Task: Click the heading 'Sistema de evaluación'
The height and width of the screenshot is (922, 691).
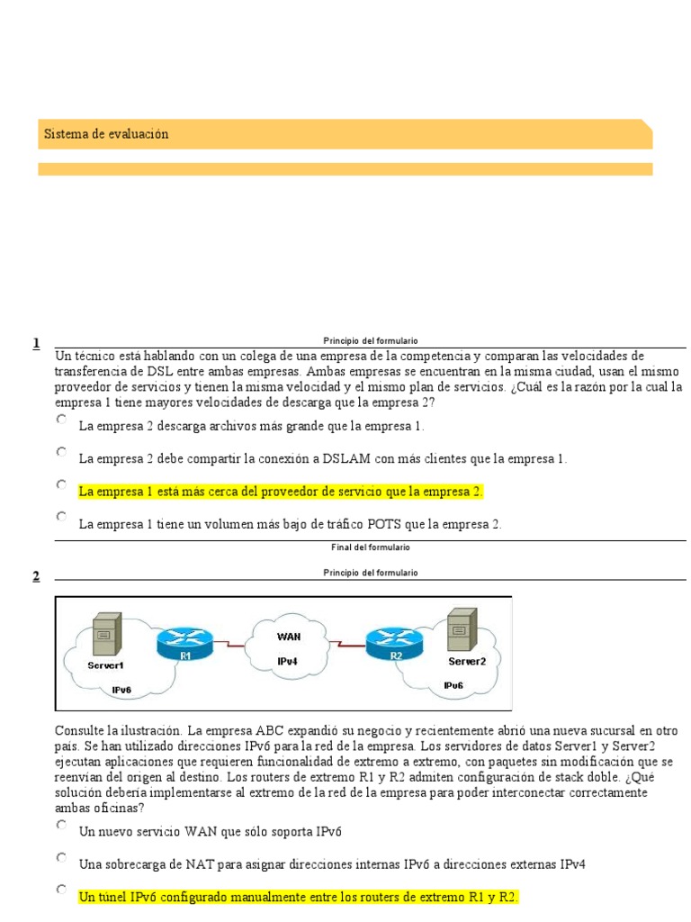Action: (x=106, y=134)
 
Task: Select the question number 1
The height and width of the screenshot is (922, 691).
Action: (x=36, y=343)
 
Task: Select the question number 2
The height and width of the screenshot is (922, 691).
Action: (x=36, y=576)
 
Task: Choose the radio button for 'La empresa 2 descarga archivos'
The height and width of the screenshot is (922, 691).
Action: (x=61, y=420)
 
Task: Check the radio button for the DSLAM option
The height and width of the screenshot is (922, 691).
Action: (x=61, y=452)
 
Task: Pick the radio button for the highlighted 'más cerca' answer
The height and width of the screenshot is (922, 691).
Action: (x=61, y=484)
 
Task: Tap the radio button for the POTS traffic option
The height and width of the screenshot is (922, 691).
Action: (x=61, y=517)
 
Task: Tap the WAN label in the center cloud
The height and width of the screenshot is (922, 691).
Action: (x=288, y=635)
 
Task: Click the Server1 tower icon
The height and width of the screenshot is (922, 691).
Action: (x=106, y=635)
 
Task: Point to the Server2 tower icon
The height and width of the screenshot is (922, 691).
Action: (x=462, y=629)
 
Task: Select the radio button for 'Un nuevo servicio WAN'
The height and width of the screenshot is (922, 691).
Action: (x=61, y=825)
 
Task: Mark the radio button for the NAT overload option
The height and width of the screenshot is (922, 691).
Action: (x=61, y=857)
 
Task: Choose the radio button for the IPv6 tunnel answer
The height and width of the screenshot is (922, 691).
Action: (x=61, y=890)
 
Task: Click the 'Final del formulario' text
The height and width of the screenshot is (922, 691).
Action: (x=370, y=547)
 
